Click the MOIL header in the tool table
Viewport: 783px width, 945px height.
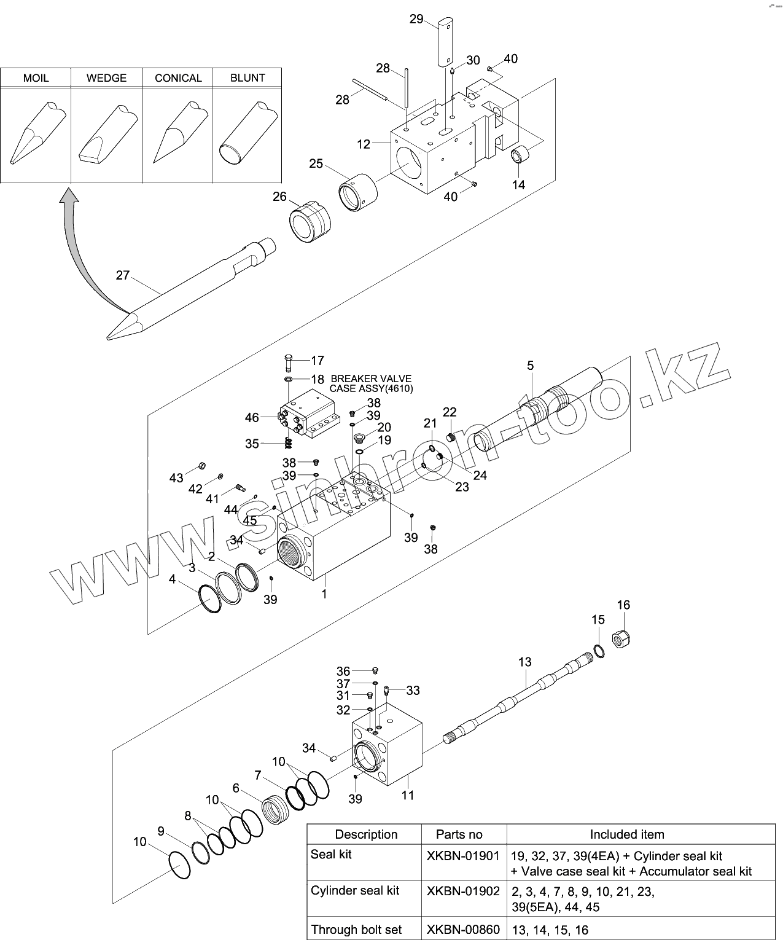(x=36, y=78)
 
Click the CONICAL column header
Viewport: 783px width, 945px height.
(x=178, y=78)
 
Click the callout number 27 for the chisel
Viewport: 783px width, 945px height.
(x=123, y=275)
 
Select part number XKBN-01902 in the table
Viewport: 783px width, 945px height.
(x=463, y=892)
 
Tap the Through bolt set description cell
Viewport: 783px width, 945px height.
(x=356, y=930)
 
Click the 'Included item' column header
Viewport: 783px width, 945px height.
(x=626, y=834)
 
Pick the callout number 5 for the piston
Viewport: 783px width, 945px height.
(x=530, y=366)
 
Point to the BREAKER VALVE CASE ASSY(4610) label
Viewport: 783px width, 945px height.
(x=371, y=383)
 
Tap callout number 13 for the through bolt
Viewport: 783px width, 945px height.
(x=524, y=662)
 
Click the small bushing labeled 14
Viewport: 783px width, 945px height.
(x=520, y=154)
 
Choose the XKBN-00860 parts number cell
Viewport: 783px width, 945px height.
(x=463, y=930)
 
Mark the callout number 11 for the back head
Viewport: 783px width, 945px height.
(x=408, y=795)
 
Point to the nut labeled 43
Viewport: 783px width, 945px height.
(x=201, y=466)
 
